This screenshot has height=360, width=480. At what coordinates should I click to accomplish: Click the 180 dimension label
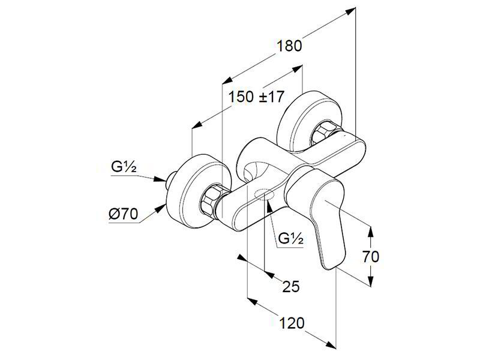click(289, 46)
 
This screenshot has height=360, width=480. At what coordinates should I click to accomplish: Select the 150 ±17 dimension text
click(257, 97)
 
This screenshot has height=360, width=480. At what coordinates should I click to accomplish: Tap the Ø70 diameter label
click(124, 214)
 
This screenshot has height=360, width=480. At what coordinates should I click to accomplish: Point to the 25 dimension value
click(291, 287)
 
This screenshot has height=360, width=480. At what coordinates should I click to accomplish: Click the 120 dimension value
click(292, 323)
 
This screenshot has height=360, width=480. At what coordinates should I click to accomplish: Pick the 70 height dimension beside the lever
click(371, 257)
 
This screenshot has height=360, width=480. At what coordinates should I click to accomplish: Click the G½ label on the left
click(124, 167)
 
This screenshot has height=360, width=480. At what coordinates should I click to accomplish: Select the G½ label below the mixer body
click(291, 238)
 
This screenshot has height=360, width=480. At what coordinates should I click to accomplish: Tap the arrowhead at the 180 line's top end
click(351, 11)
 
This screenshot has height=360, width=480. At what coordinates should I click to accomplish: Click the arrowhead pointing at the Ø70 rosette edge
click(160, 209)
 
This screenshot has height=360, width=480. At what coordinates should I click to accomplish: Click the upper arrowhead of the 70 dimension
click(370, 232)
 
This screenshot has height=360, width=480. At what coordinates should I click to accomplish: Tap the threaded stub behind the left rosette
click(169, 181)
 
